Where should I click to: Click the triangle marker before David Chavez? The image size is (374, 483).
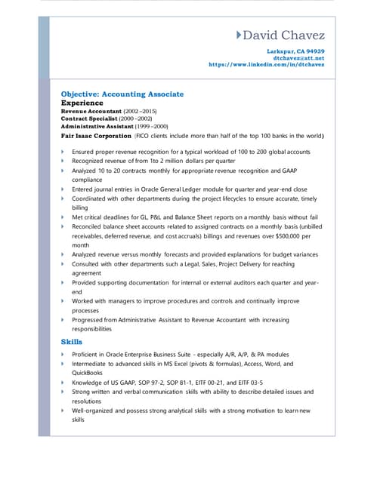tap(240, 35)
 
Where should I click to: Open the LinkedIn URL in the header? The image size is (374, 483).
tap(266, 64)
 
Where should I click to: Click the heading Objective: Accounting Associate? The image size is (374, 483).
tap(122, 94)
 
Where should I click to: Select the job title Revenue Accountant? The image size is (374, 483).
tap(91, 111)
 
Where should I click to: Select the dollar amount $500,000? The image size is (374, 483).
tap(282, 235)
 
